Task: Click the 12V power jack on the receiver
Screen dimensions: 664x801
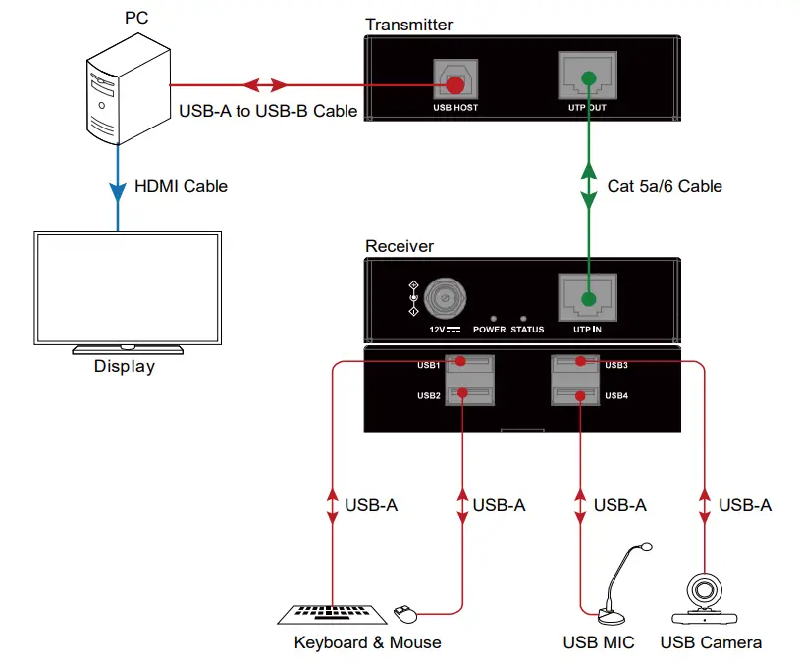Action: point(446,294)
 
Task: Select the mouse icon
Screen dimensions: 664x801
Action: point(404,613)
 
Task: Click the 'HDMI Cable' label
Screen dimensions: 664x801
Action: point(181,186)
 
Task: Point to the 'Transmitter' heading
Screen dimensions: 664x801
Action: point(408,25)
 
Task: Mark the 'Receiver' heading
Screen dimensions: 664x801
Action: point(400,246)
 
